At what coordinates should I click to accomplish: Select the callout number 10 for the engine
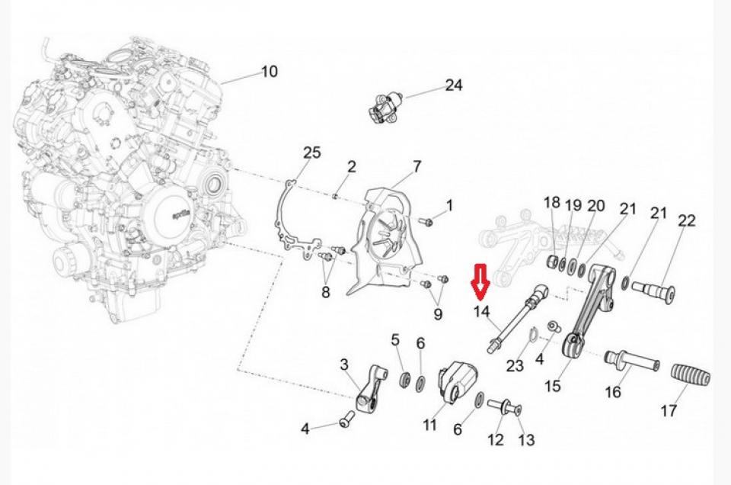[270, 72]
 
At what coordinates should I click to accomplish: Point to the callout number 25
[312, 153]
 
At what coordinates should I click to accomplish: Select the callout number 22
[686, 220]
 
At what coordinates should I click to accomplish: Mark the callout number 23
[515, 366]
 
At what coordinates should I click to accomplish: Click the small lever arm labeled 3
[364, 389]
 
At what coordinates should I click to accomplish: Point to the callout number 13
[525, 440]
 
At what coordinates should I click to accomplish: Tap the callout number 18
[551, 202]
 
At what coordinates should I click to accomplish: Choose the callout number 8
[326, 291]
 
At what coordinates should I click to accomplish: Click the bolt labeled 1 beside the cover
[427, 222]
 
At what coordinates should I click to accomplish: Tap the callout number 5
[395, 339]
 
